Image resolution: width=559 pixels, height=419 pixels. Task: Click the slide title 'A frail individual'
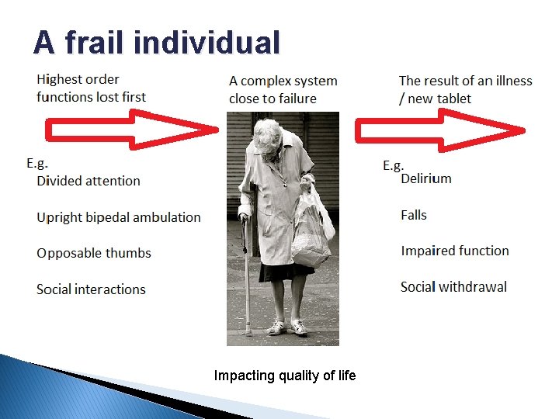point(156,43)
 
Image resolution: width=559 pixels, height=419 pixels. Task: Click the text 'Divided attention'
point(89,181)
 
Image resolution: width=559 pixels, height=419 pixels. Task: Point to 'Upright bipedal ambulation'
point(118,217)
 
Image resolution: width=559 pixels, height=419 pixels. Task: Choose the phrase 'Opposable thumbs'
point(94,253)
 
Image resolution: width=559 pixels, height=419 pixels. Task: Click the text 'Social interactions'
point(91,289)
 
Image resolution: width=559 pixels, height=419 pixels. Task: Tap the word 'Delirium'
point(426,178)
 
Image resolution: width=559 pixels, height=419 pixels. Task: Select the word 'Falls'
point(414,215)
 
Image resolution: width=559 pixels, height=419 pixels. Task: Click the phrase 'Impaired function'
point(455,251)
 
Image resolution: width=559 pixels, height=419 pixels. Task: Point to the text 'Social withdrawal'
point(453,287)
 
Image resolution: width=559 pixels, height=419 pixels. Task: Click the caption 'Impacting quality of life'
point(285,376)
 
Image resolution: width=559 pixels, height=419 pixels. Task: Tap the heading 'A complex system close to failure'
point(283,89)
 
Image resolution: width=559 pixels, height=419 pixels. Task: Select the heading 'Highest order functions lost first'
point(91,88)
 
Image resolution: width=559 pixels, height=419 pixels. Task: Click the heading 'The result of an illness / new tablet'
point(465,89)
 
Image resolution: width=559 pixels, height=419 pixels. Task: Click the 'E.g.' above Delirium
point(394,165)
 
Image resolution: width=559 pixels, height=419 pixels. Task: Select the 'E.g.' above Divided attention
point(37,163)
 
